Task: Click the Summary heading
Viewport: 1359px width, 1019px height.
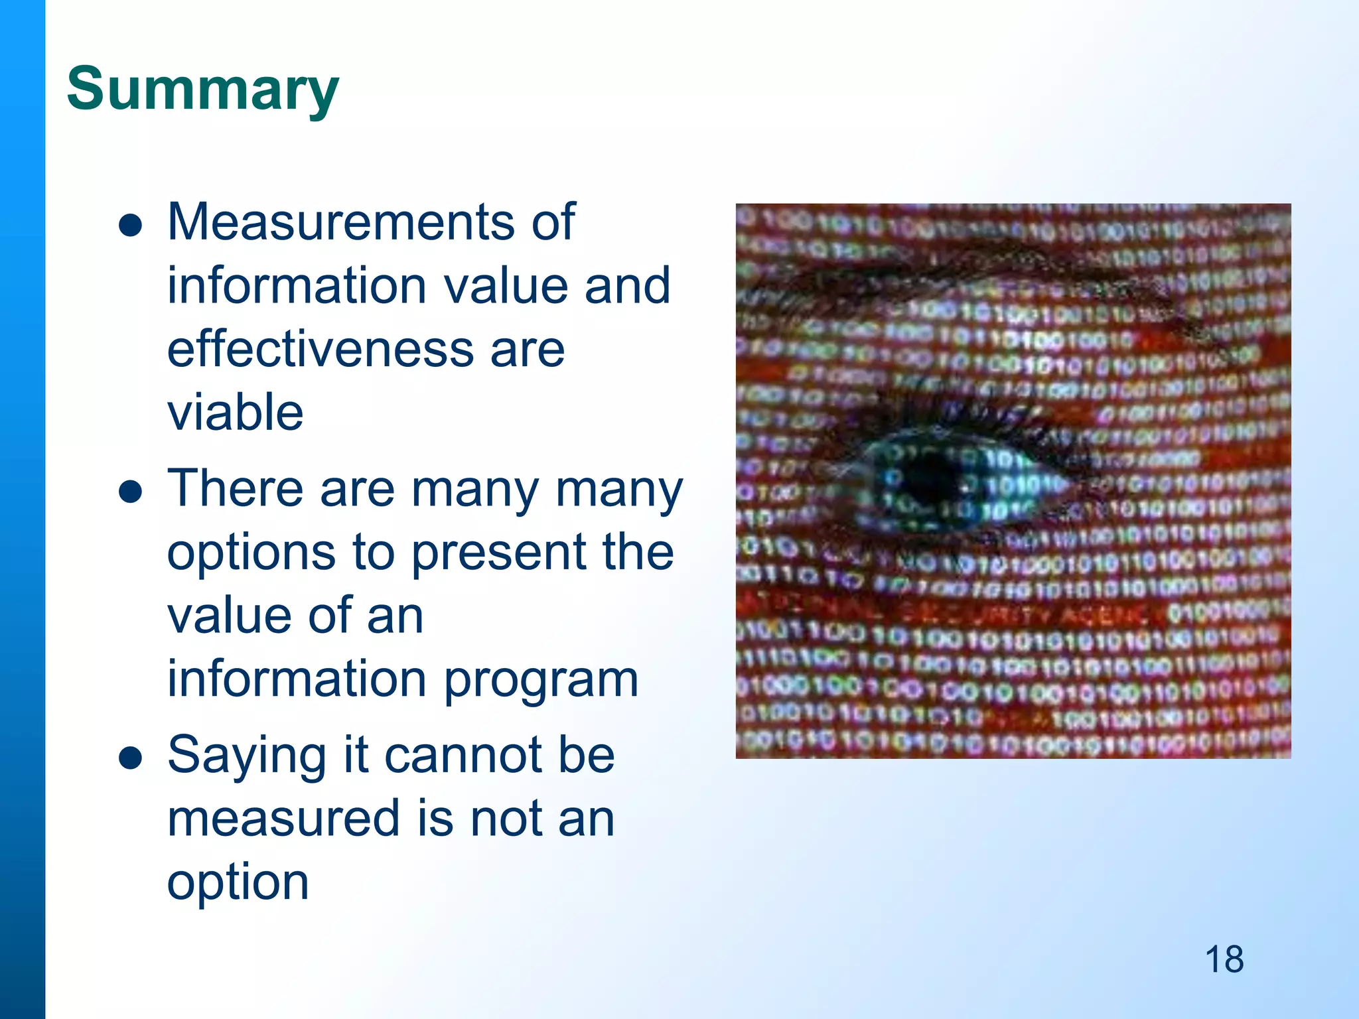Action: click(x=203, y=90)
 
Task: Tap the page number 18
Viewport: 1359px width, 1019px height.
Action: click(x=1224, y=959)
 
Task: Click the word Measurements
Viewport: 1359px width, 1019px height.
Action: click(x=340, y=222)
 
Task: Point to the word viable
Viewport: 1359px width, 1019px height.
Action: click(x=235, y=413)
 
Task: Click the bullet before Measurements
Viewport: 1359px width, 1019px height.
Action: click(x=131, y=226)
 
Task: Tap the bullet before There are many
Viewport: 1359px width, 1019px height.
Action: click(x=131, y=492)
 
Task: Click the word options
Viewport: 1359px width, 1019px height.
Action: click(x=251, y=553)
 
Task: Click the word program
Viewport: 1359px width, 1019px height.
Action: click(x=541, y=679)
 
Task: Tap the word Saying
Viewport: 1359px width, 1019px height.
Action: click(x=246, y=756)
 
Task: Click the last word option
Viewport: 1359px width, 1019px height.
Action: click(x=238, y=882)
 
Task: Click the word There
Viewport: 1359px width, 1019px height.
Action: click(x=235, y=489)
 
